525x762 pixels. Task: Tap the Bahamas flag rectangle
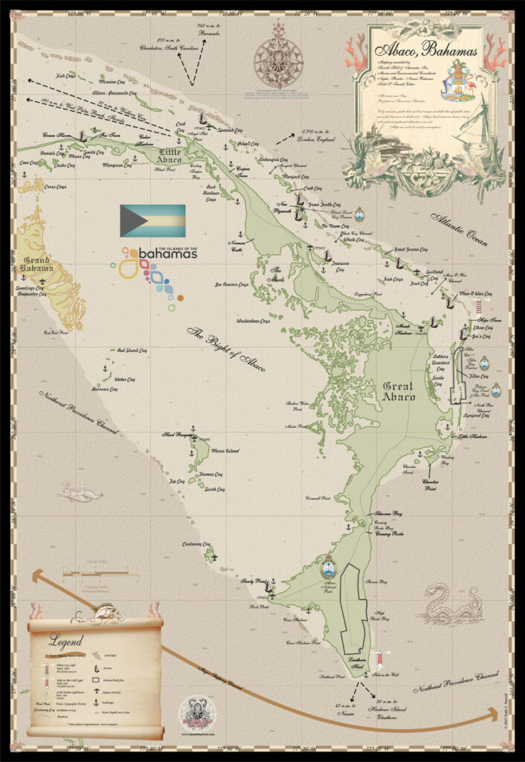click(152, 220)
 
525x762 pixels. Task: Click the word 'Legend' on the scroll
click(66, 639)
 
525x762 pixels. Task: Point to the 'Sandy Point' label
click(253, 581)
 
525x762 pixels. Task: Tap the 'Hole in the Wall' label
click(384, 674)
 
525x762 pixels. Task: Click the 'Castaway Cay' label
click(196, 544)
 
